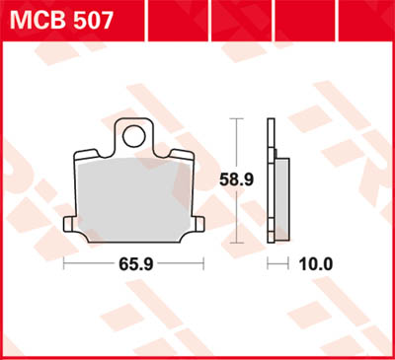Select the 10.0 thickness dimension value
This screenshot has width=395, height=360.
point(316,264)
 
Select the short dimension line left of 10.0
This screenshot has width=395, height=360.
point(280,264)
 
